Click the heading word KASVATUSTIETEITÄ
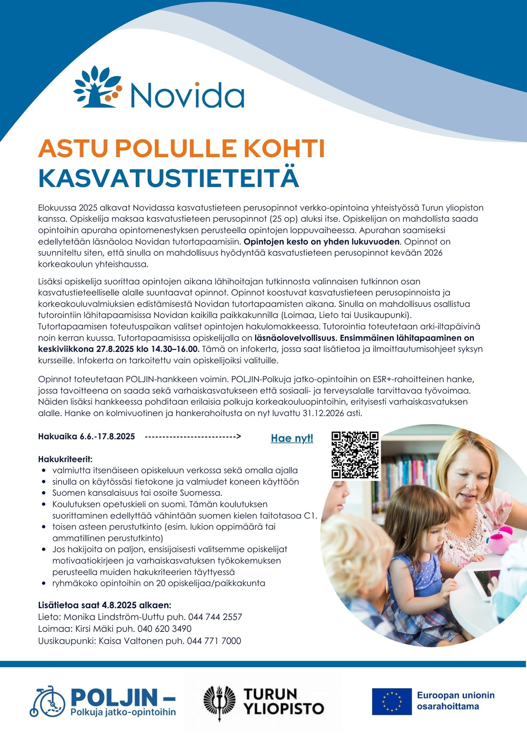tap(168, 178)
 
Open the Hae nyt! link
tap(292, 438)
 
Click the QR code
tap(355, 455)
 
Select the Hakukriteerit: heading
tap(65, 459)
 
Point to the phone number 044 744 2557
tap(215, 617)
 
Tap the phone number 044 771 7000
tap(214, 641)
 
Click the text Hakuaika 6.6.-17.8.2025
tap(87, 437)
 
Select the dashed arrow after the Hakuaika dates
tap(193, 437)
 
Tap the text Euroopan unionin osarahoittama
tap(455, 701)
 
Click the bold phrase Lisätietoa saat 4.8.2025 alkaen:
tap(105, 605)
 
